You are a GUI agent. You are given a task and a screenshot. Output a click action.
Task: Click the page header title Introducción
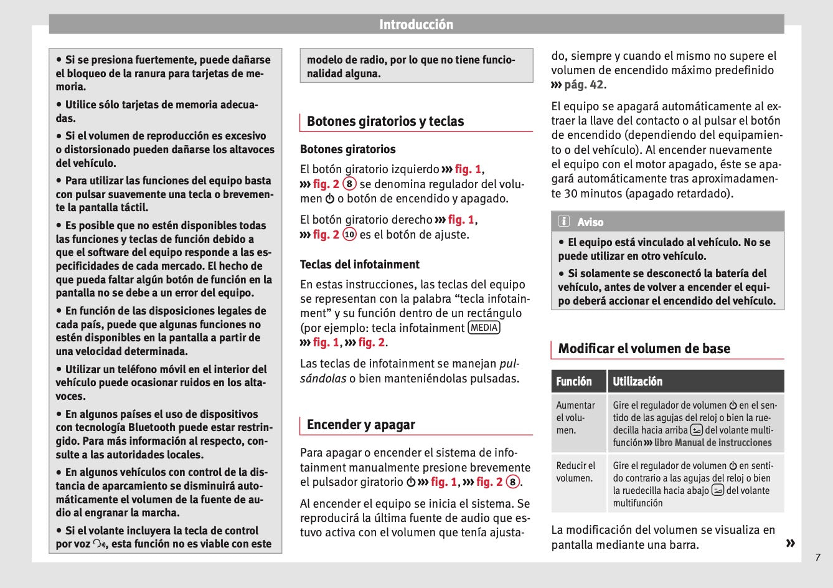416,25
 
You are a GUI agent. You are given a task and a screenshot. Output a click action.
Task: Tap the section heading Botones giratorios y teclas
385,121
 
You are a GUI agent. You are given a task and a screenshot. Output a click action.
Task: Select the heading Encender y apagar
360,425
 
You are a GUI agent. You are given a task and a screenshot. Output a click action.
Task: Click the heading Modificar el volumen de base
644,349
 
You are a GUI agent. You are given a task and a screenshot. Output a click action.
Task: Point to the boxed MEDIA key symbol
484,328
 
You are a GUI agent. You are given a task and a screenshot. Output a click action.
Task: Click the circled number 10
349,235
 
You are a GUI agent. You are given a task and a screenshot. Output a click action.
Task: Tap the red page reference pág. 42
584,85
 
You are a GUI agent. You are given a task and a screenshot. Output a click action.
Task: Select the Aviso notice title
590,222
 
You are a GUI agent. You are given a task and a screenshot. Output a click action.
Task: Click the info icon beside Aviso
564,222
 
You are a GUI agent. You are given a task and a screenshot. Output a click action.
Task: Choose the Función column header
574,381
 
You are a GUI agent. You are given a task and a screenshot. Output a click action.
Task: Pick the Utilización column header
638,381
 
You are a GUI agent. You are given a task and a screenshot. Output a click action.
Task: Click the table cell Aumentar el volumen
576,418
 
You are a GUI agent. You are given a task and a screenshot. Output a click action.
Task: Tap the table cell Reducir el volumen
576,472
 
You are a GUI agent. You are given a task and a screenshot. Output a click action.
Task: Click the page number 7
817,557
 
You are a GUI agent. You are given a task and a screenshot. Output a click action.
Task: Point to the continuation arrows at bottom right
790,544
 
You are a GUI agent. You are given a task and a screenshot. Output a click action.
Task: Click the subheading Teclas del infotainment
360,265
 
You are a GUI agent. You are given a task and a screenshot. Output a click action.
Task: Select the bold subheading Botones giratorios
347,149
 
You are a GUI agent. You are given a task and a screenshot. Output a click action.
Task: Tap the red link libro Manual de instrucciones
713,443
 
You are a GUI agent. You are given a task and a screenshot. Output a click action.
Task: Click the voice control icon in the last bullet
100,544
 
